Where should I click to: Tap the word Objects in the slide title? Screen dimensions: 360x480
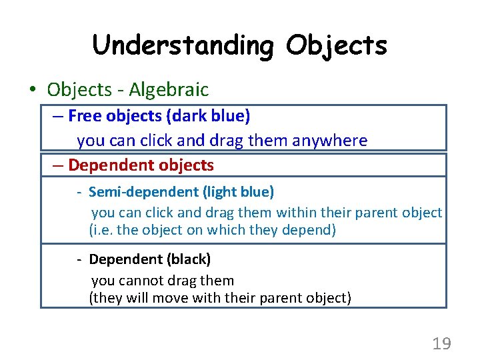(337, 45)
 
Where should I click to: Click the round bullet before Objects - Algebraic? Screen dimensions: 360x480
(33, 90)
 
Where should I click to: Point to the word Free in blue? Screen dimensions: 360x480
(84, 116)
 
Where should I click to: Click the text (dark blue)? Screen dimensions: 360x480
(210, 116)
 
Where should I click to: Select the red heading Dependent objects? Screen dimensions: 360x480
(141, 165)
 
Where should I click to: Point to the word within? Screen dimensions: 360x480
(300, 213)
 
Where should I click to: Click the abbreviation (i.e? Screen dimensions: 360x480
(101, 231)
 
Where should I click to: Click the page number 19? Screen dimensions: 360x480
(441, 344)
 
